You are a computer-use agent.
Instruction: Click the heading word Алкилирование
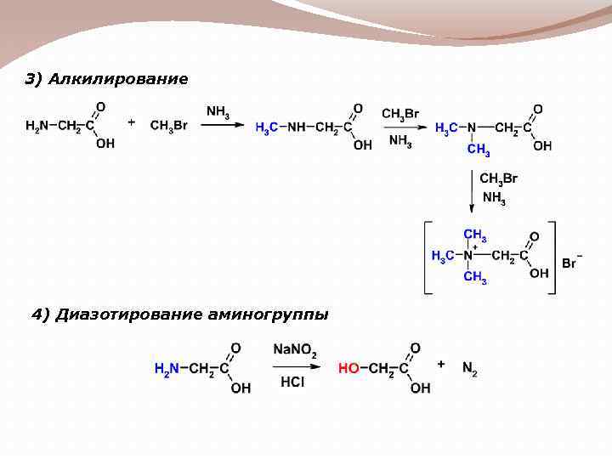[x=118, y=79]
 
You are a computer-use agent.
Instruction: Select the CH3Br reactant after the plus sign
[x=168, y=126]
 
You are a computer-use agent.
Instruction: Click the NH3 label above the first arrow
[x=218, y=110]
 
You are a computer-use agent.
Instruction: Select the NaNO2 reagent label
[x=295, y=350]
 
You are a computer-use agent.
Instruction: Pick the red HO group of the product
[x=348, y=368]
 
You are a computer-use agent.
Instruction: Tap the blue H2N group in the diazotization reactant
[x=167, y=368]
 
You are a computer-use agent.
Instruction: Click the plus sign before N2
[x=441, y=364]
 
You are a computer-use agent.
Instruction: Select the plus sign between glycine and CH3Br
[x=131, y=122]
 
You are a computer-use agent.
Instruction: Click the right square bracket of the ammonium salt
[x=552, y=258]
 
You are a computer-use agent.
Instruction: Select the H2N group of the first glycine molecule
[x=37, y=127]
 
